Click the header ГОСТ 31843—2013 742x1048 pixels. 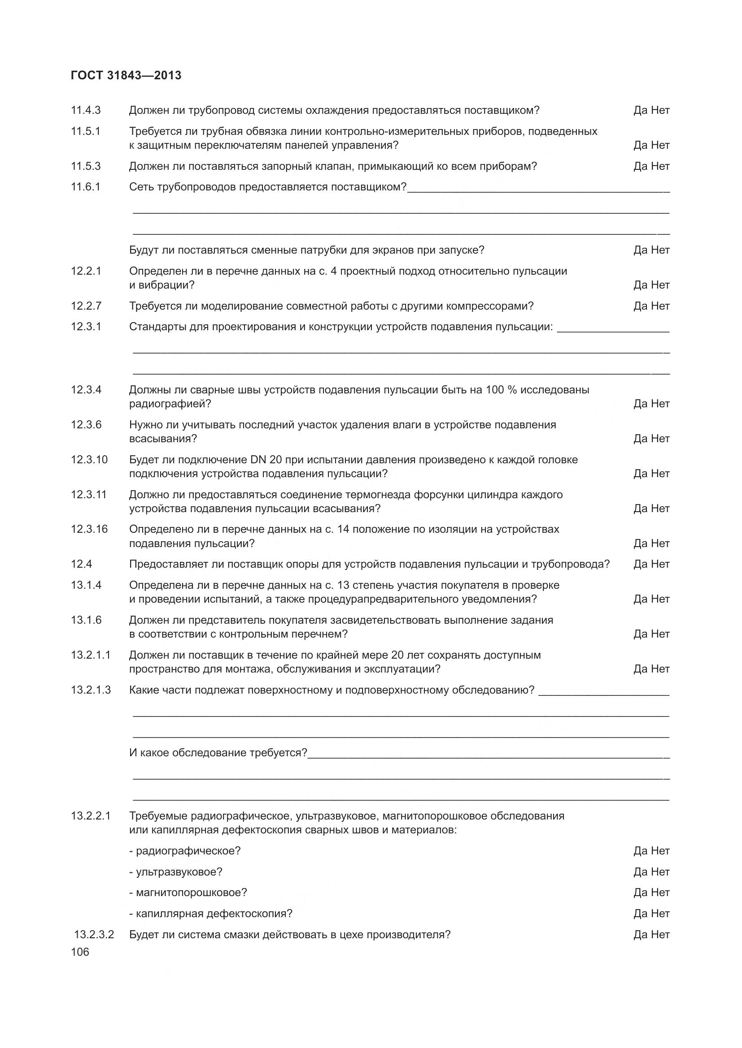tap(126, 75)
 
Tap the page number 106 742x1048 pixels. tap(80, 952)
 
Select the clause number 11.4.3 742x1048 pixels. tap(85, 110)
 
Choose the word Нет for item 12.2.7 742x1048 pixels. tap(660, 306)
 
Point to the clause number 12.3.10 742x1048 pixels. tap(89, 459)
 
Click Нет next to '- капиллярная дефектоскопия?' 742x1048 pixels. tap(660, 913)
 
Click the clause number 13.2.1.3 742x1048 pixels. tap(91, 690)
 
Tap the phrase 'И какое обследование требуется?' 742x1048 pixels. tap(218, 752)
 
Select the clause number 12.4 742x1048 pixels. tap(81, 564)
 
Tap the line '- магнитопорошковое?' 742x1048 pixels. tap(188, 893)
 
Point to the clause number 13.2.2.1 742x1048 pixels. tap(91, 815)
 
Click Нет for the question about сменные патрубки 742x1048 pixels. tap(660, 250)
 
